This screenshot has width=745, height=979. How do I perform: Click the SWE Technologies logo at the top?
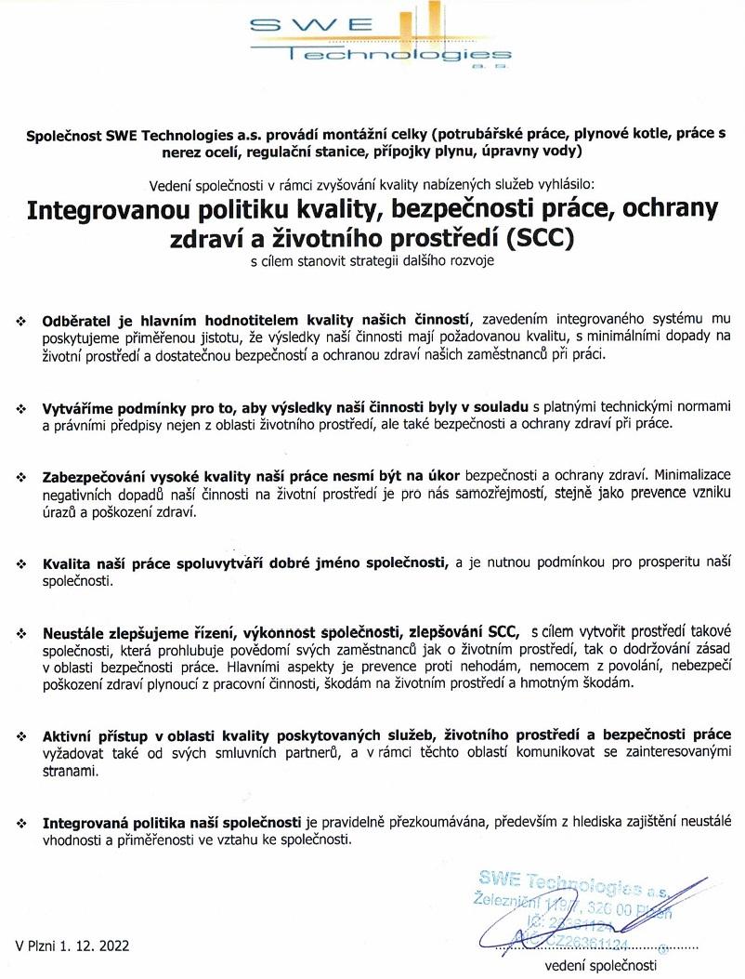click(382, 40)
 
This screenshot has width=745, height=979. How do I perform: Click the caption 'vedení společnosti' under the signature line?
click(600, 966)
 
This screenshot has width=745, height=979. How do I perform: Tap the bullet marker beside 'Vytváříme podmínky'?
click(21, 408)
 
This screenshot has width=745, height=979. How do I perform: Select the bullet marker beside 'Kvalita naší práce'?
click(21, 565)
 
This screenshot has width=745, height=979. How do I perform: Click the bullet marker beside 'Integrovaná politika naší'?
click(21, 824)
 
